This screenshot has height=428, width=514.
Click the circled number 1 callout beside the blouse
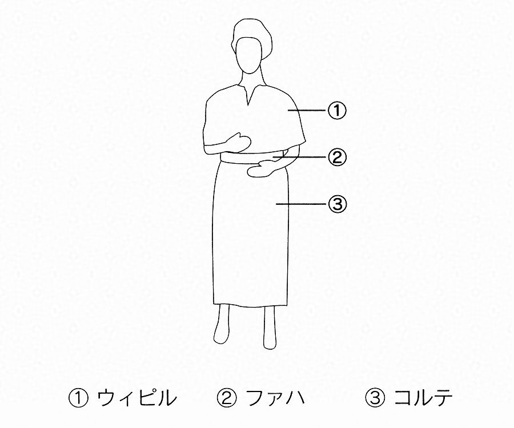coord(336,110)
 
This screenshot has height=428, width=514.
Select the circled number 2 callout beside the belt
coord(337,157)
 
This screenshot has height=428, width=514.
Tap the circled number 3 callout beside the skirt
coord(337,204)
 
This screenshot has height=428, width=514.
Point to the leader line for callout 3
coord(302,204)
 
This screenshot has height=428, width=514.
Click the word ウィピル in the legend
coord(136,398)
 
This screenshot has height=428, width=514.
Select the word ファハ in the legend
coord(275,398)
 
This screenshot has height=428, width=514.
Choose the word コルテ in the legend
coord(423,398)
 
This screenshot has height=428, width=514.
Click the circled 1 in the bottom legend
coord(78,398)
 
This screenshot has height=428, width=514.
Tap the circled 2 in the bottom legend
coord(227,398)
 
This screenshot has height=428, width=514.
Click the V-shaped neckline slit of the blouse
coord(249,96)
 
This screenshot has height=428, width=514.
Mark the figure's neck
coord(252,80)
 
